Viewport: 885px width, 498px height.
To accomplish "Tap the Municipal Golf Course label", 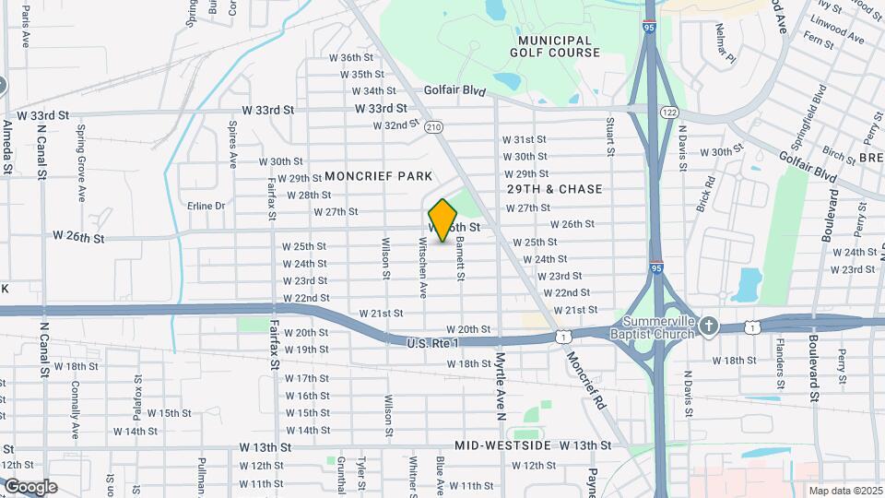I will click(554, 46).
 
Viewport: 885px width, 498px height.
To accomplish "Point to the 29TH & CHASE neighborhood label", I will click(554, 189).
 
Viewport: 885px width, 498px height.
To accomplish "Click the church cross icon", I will click(708, 326).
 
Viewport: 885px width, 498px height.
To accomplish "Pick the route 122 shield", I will click(668, 112).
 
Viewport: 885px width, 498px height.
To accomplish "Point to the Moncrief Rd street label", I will click(586, 380).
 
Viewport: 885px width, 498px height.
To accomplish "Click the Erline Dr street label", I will click(206, 206).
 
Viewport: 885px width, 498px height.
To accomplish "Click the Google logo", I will click(30, 487).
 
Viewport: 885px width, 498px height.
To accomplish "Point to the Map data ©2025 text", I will click(844, 491).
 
